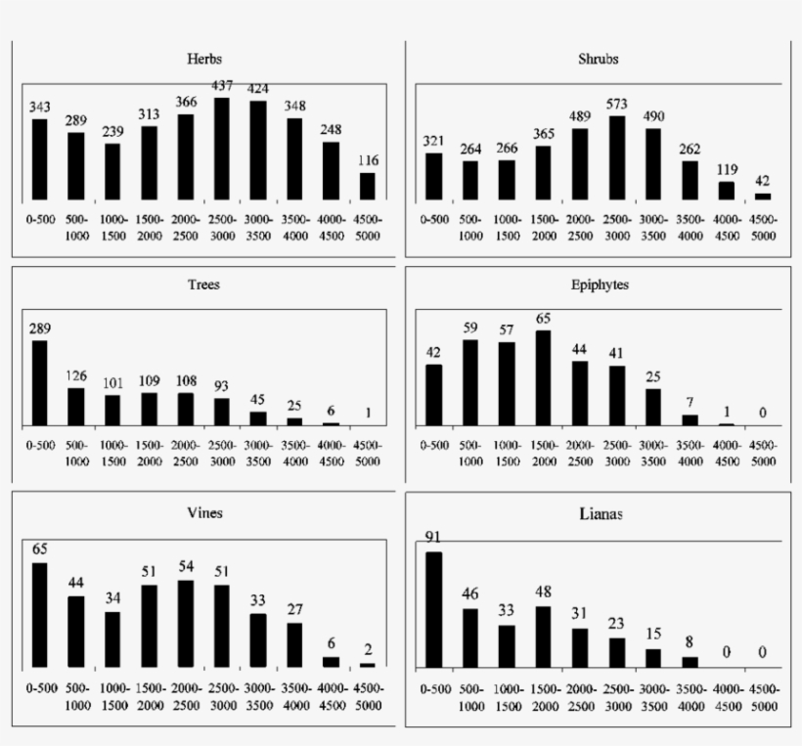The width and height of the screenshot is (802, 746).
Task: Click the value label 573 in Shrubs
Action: pyautogui.click(x=616, y=104)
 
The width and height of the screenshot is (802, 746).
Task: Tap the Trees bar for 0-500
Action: pyautogui.click(x=40, y=382)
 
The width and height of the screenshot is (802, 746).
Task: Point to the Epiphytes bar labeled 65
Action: pyautogui.click(x=544, y=377)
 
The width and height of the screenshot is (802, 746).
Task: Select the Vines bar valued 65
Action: pyautogui.click(x=40, y=614)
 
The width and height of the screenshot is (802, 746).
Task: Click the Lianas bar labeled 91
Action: pyautogui.click(x=434, y=609)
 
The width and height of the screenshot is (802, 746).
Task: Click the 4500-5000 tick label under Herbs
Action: pyautogui.click(x=368, y=228)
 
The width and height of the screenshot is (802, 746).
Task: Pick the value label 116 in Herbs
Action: pyautogui.click(x=368, y=160)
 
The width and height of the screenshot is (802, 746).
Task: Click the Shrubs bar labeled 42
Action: pyautogui.click(x=762, y=197)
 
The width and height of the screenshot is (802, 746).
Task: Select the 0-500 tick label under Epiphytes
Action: pyautogui.click(x=434, y=445)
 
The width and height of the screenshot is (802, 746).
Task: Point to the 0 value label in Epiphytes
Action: pyautogui.click(x=762, y=413)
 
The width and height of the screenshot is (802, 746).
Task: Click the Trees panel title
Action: pyautogui.click(x=203, y=285)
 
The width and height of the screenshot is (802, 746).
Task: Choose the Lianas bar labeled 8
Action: pyautogui.click(x=690, y=662)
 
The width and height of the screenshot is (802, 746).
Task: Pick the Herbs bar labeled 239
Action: pyautogui.click(x=113, y=173)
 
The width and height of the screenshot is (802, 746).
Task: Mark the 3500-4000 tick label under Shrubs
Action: pyautogui.click(x=690, y=228)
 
